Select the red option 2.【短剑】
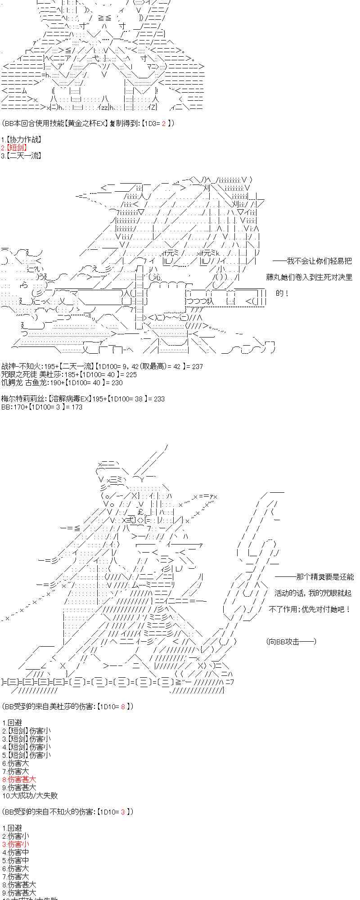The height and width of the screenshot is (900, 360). tap(14, 148)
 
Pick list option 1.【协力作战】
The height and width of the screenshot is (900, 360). tap(21, 139)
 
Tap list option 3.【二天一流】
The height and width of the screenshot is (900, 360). tap(21, 156)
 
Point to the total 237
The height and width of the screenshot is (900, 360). tap(197, 366)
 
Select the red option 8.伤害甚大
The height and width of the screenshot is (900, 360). tap(19, 779)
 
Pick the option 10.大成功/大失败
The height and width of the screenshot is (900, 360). tap(30, 796)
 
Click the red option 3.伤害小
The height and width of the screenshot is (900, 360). tap(15, 844)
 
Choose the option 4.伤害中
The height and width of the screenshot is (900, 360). tap(15, 852)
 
